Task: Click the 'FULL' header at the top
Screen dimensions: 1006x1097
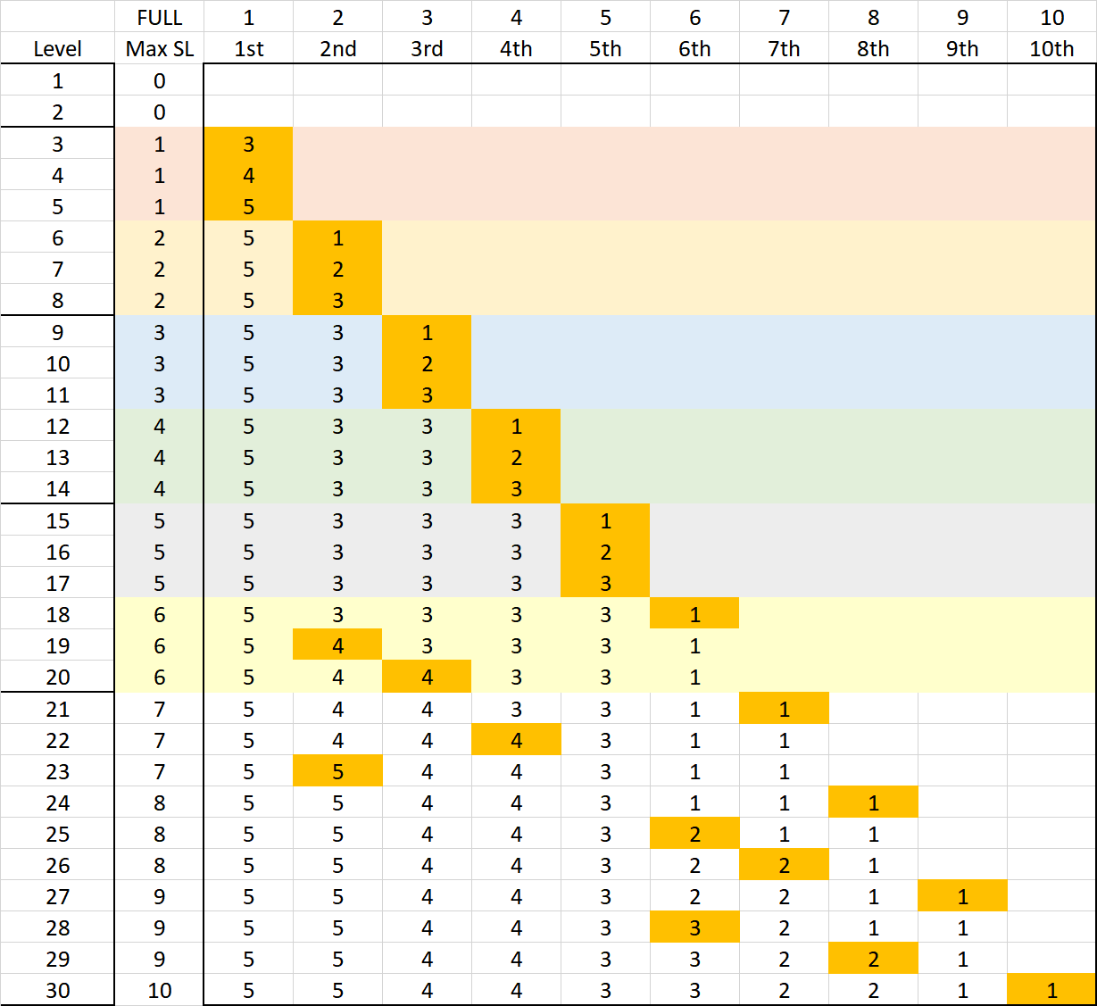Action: [x=160, y=18]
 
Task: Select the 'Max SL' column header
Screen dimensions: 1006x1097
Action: [x=160, y=49]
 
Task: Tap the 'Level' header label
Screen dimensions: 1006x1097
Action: [x=58, y=49]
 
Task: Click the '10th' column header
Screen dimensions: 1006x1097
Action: [x=1051, y=49]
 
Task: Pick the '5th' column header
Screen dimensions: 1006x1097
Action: [x=605, y=49]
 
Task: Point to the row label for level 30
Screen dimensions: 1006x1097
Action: [x=58, y=990]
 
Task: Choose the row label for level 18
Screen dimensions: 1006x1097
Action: [x=58, y=614]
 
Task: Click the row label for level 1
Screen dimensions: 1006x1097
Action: [x=58, y=81]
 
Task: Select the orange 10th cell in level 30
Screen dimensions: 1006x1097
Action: [x=1051, y=990]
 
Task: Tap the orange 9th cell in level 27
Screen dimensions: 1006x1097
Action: [x=962, y=896]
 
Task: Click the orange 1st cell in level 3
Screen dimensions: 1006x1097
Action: [x=249, y=144]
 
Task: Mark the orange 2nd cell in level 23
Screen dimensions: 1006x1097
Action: [x=338, y=771]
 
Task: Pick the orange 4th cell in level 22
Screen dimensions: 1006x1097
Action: [x=516, y=740]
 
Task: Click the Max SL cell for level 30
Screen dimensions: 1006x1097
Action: [x=160, y=990]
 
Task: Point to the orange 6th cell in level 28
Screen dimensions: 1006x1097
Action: [x=694, y=927]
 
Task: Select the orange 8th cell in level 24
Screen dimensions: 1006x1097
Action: [x=873, y=802]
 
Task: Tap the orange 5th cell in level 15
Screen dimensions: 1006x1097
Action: [x=605, y=520]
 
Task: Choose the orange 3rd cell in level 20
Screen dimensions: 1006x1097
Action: [x=427, y=677]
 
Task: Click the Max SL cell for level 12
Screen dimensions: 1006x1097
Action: [x=160, y=426]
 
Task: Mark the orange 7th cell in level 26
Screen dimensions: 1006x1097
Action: [x=784, y=865]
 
